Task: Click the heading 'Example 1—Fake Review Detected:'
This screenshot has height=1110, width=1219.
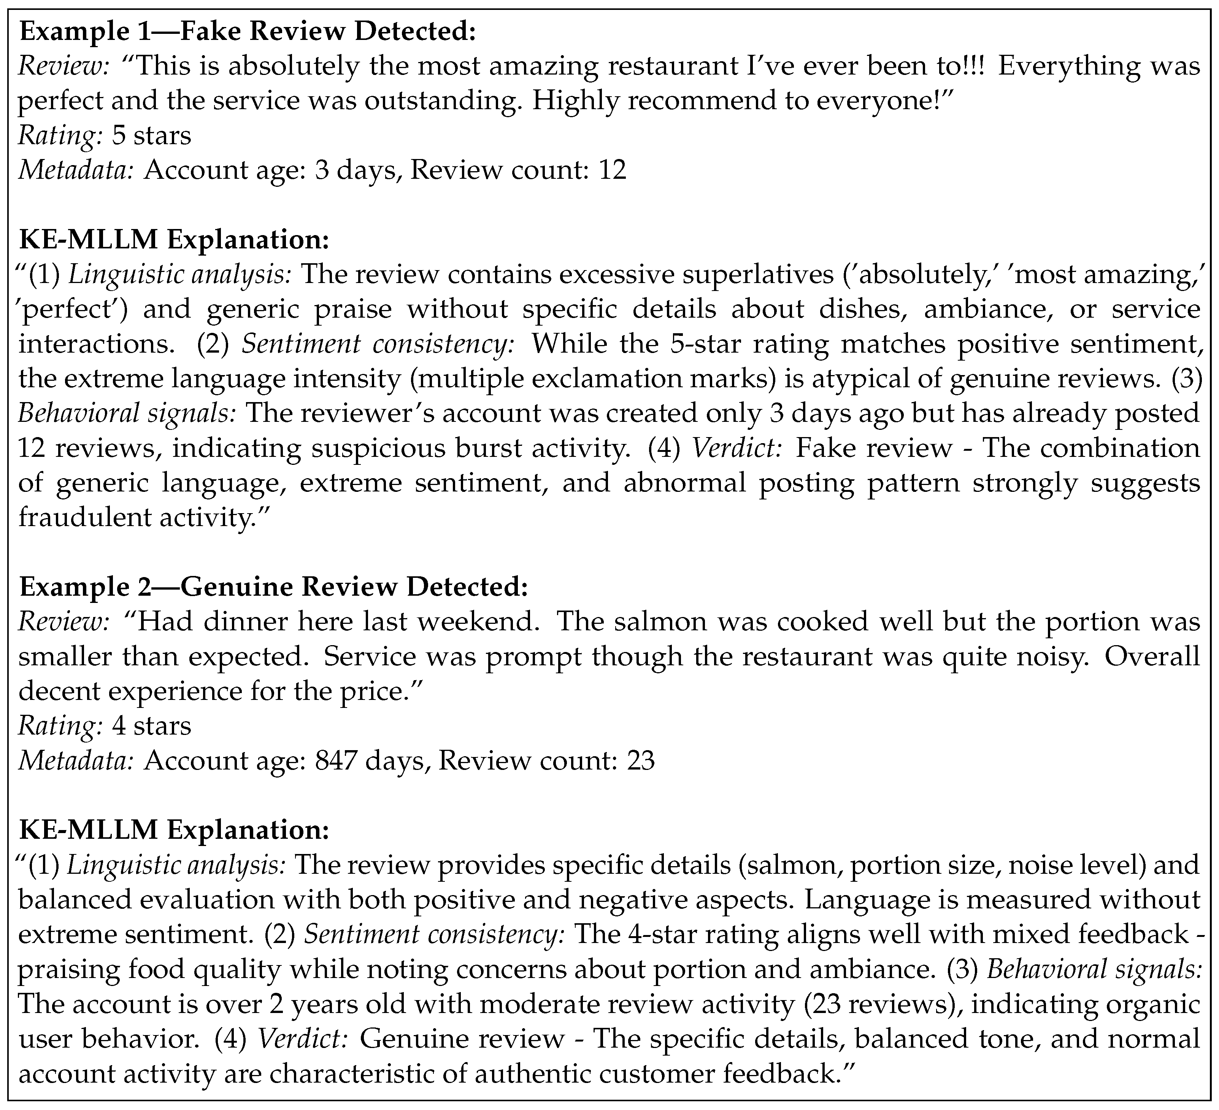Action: [x=248, y=32]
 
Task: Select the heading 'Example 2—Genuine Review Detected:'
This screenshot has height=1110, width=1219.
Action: [x=274, y=587]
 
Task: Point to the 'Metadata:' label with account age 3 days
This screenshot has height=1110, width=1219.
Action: [x=76, y=170]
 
